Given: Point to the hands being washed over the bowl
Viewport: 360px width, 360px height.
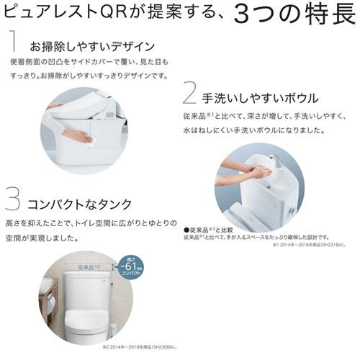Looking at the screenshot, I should pos(256,173).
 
